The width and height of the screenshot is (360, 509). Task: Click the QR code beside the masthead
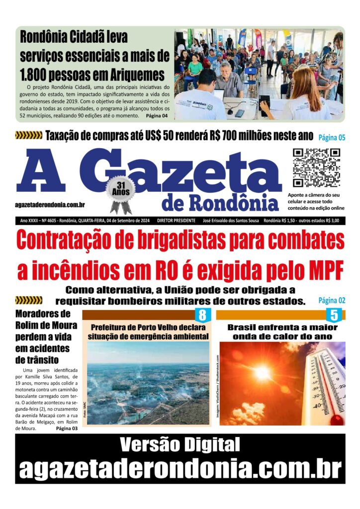coord(316,168)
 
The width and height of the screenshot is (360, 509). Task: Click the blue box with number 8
coord(202,315)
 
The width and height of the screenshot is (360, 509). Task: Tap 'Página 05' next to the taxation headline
coord(332,137)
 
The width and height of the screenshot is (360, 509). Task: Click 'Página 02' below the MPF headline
coord(332,300)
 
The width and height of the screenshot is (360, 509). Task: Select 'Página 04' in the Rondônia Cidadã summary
coord(157,116)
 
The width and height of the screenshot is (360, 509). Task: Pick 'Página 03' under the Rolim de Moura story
coord(67,428)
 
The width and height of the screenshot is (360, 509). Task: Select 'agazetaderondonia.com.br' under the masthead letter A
coord(50,205)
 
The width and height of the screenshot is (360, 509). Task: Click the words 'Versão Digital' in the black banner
coord(180,444)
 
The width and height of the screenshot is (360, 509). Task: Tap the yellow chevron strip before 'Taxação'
coord(29,135)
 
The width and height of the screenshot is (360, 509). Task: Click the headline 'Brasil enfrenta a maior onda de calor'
coord(282,332)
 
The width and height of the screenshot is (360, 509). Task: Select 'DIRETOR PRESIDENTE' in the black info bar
coord(177,220)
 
